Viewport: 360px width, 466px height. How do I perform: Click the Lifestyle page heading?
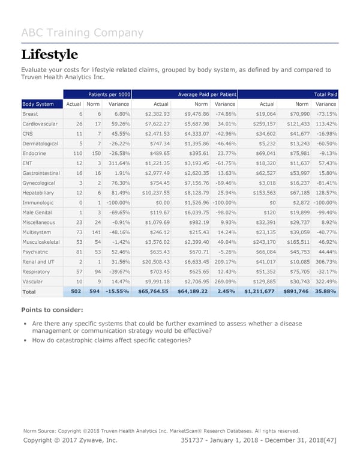tap(49, 55)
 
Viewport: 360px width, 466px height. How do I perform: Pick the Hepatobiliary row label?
tap(40, 193)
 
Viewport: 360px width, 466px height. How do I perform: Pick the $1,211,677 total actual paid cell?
tap(259, 291)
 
